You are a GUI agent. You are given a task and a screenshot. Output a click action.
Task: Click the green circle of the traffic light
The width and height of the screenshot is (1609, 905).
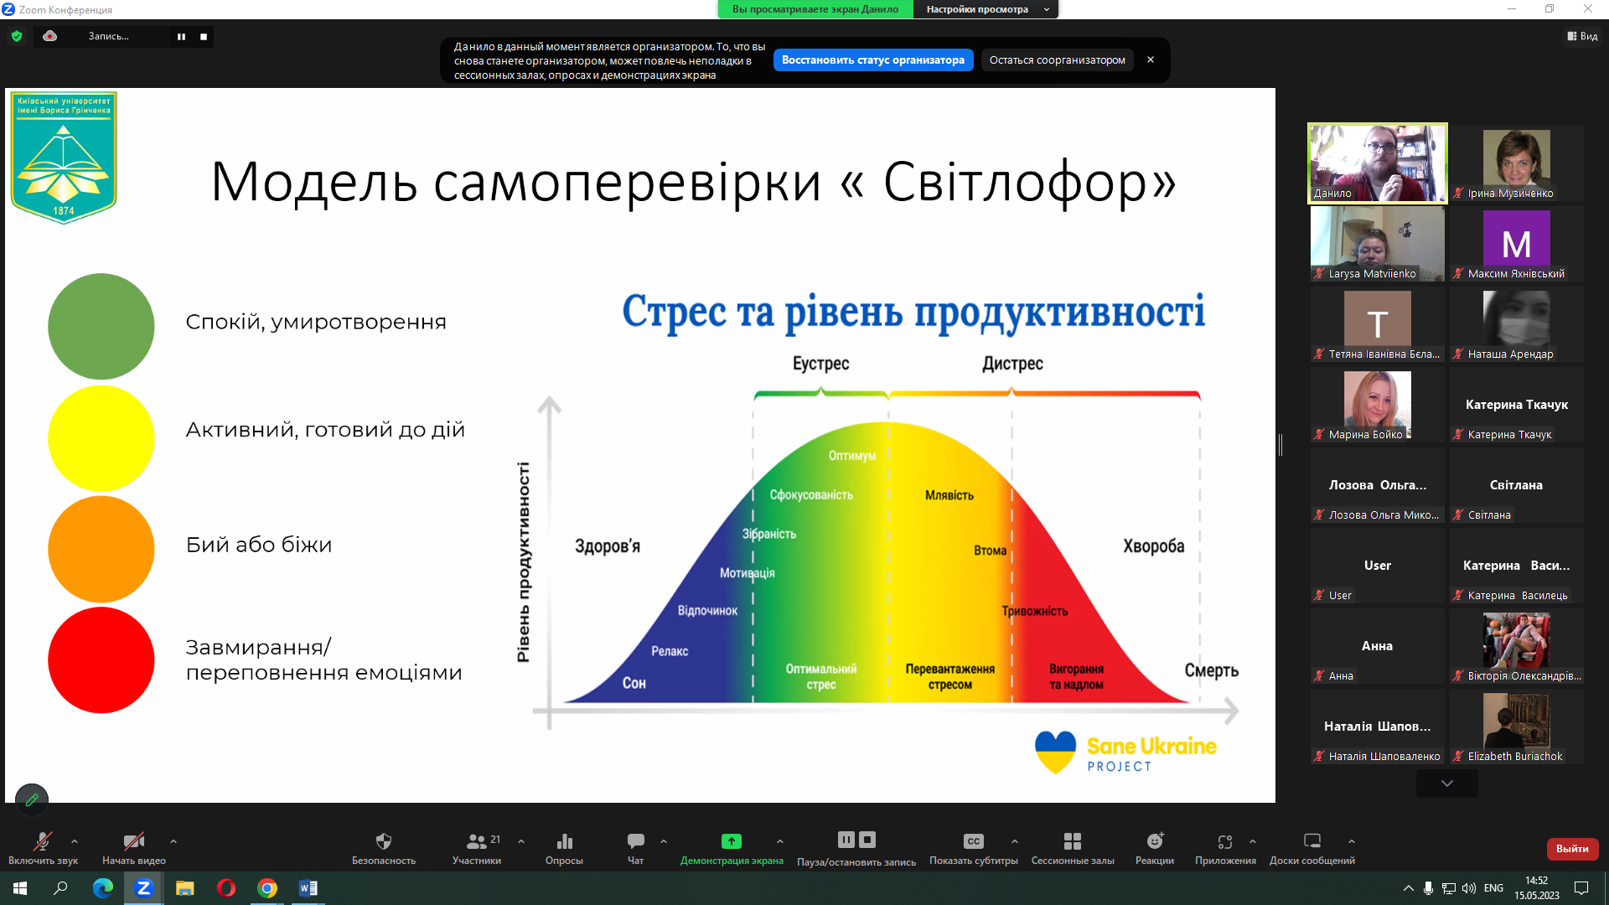[x=101, y=326]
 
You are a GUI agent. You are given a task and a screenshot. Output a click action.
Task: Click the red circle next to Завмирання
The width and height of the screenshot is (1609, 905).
[x=101, y=660]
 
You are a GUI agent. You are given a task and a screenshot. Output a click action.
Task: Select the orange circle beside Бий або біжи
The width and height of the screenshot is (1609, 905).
[x=101, y=549]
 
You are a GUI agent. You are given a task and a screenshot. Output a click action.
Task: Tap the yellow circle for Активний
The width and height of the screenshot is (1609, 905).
[x=101, y=437]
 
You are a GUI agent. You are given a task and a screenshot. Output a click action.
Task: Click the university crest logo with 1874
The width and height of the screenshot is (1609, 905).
[x=64, y=157]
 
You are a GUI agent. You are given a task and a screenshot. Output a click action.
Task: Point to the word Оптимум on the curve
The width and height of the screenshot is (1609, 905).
[x=851, y=456]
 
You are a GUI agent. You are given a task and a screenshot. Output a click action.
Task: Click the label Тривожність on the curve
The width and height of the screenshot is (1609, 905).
[x=1034, y=611]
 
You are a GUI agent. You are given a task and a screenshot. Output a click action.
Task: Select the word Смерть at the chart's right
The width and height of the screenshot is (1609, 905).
[x=1211, y=670]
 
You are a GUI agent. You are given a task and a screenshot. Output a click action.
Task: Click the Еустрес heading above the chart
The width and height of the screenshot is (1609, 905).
[x=820, y=364]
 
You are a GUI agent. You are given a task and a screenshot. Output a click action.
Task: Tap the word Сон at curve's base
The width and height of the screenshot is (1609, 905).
[x=634, y=683]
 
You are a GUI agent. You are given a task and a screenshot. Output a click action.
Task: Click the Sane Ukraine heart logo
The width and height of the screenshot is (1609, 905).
[x=1055, y=751]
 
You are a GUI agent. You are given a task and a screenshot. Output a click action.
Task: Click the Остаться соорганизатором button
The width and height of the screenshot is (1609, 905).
[x=1057, y=60]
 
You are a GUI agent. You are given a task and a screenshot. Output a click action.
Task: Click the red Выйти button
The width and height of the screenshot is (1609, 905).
[x=1571, y=849]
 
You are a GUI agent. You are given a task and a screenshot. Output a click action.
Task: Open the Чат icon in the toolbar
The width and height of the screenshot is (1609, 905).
[x=635, y=841]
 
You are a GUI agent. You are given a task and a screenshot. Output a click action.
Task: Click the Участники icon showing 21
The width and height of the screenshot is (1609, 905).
[x=477, y=841]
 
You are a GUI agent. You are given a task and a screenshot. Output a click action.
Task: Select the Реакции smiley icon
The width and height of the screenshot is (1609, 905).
[x=1154, y=841]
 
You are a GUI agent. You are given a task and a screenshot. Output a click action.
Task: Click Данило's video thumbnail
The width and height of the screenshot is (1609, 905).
[x=1377, y=163]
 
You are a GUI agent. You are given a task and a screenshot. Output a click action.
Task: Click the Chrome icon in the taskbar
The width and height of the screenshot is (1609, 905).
[x=267, y=888]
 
